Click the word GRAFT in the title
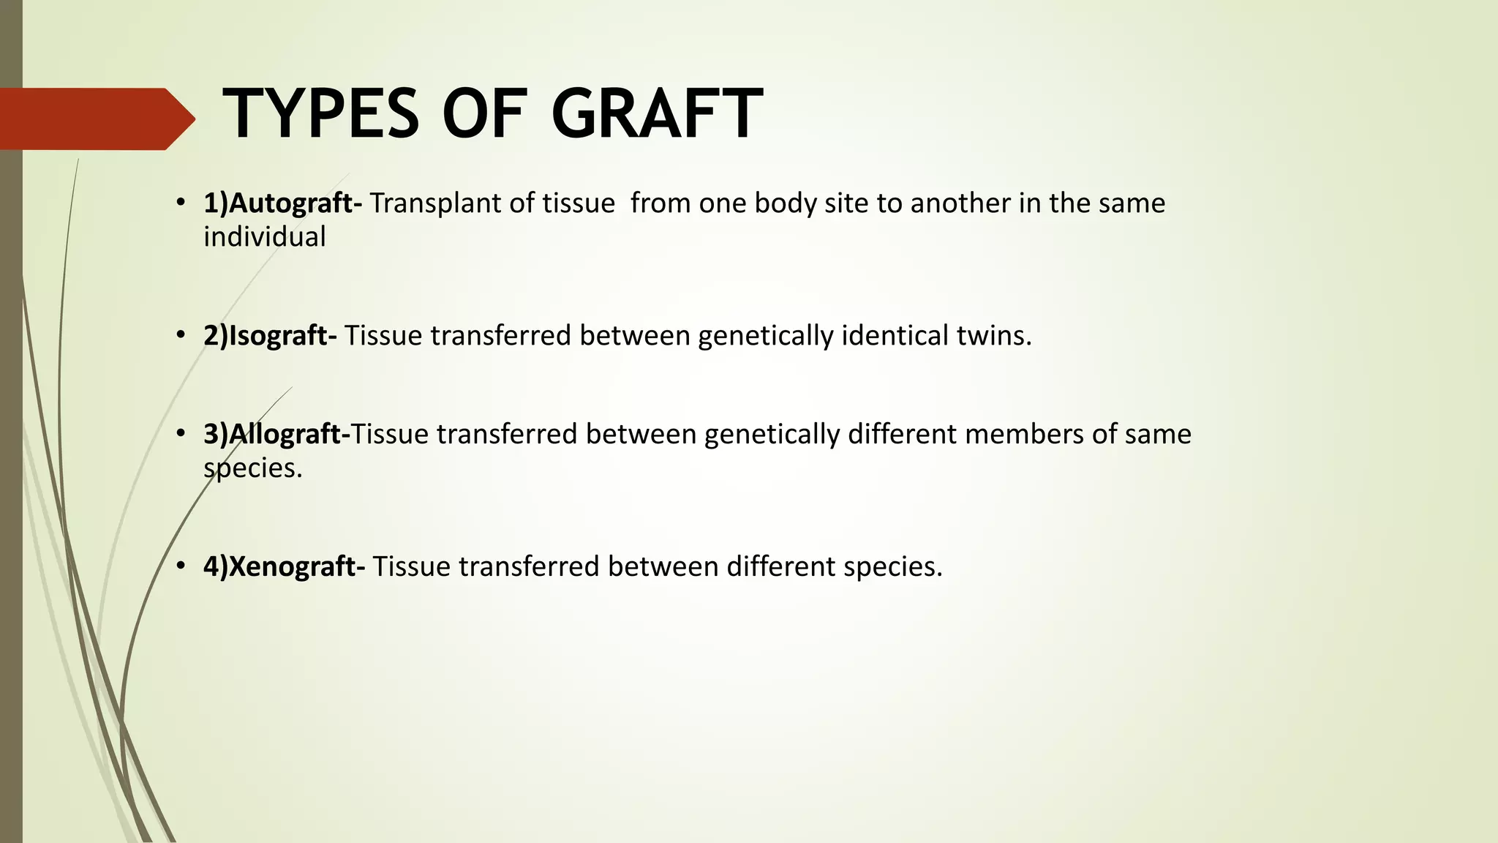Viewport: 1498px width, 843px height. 656,114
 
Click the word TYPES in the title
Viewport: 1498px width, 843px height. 321,114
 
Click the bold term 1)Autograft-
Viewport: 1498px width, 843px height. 282,203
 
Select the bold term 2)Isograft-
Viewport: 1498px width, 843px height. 270,335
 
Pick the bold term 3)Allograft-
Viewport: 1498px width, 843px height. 276,434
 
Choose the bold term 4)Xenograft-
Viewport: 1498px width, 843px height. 284,566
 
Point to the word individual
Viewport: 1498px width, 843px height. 264,237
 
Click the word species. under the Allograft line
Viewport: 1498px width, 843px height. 252,468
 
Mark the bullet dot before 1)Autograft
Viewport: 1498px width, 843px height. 180,203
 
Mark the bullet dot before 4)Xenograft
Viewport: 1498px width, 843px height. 180,566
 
